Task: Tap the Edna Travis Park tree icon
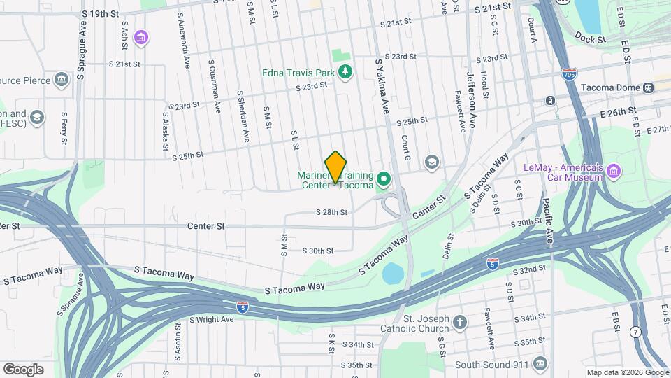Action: pyautogui.click(x=344, y=72)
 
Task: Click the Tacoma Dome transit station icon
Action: pyautogui.click(x=648, y=88)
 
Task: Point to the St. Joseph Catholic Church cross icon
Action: pyautogui.click(x=459, y=322)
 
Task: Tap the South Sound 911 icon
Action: pyautogui.click(x=540, y=364)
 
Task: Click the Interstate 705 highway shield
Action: pyautogui.click(x=570, y=74)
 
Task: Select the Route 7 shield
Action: pyautogui.click(x=635, y=331)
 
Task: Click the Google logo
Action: pyautogui.click(x=23, y=369)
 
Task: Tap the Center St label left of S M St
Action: pyautogui.click(x=206, y=226)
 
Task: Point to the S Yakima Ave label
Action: pyautogui.click(x=384, y=86)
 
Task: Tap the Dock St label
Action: pyautogui.click(x=591, y=40)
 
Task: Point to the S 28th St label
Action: pyautogui.click(x=331, y=211)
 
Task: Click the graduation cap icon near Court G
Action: pyautogui.click(x=432, y=162)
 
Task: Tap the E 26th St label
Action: pyautogui.click(x=621, y=111)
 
